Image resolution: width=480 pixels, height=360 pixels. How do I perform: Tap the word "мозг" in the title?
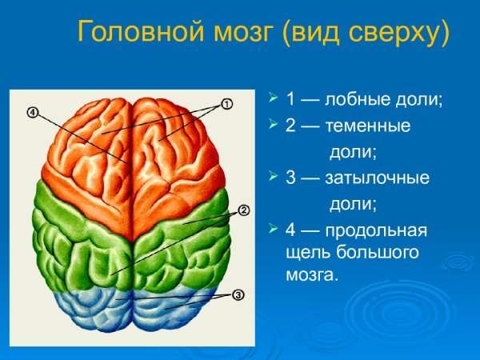point(233,33)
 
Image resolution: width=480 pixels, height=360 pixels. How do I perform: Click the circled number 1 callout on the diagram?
point(226,104)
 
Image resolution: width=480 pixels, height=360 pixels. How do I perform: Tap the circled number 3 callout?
point(238,295)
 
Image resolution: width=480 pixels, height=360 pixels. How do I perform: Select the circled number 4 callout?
point(32,112)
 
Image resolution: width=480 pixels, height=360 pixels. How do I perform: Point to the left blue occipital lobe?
point(88,308)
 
